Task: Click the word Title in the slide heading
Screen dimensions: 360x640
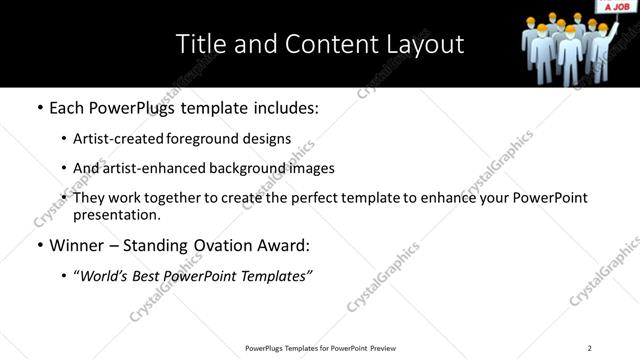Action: [199, 44]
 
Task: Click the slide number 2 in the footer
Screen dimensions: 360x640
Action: [589, 348]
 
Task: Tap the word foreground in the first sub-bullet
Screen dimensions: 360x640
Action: [205, 139]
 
